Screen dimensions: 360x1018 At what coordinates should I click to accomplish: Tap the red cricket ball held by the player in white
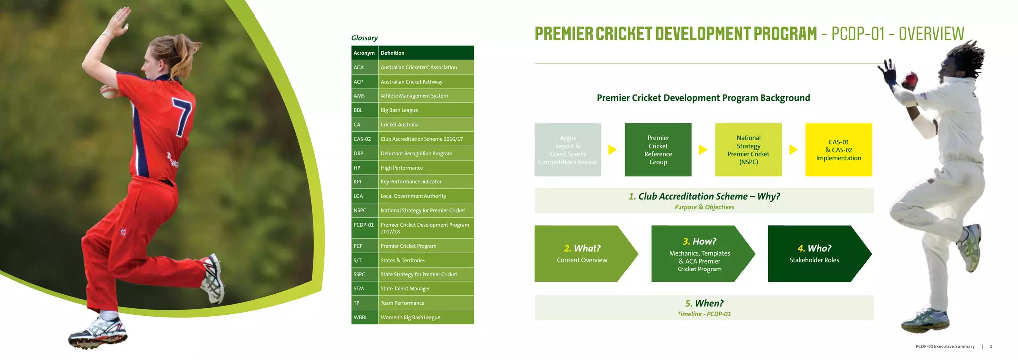[911, 78]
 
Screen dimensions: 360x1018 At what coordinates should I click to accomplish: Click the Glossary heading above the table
[364, 38]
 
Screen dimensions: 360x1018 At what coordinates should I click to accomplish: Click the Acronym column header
[364, 53]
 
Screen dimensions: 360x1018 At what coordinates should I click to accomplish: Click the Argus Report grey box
[568, 150]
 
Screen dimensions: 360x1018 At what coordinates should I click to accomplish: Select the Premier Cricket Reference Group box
[658, 150]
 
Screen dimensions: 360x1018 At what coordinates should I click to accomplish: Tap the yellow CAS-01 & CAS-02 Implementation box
[838, 150]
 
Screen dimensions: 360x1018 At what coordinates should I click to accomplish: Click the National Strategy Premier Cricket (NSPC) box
[748, 150]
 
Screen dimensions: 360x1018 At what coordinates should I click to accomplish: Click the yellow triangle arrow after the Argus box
[612, 150]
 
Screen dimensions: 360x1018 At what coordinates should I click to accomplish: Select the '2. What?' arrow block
[583, 254]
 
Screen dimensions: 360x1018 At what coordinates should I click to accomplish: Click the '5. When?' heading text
[704, 303]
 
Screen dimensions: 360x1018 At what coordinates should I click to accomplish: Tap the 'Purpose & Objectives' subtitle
[704, 207]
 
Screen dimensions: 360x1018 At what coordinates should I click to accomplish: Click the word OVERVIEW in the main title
[931, 34]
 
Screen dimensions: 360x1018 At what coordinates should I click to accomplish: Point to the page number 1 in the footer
[991, 346]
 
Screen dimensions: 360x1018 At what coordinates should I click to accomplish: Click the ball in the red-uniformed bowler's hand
[108, 93]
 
